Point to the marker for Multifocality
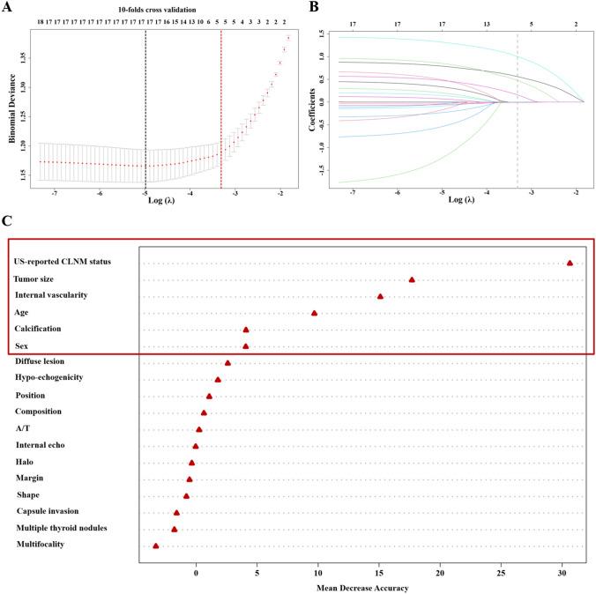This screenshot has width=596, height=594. pos(156,546)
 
